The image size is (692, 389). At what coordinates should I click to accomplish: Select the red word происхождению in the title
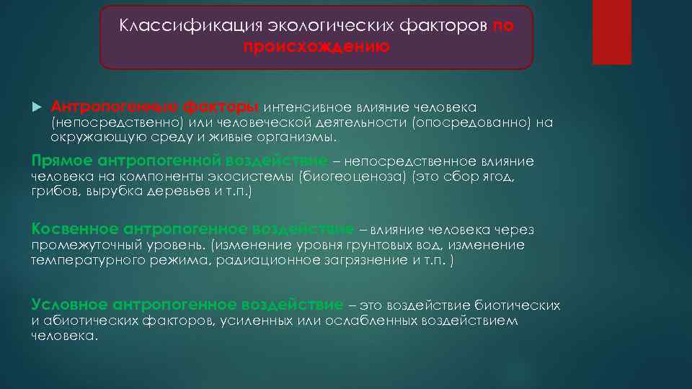pos(316,47)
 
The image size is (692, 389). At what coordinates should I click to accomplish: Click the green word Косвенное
pos(75,229)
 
